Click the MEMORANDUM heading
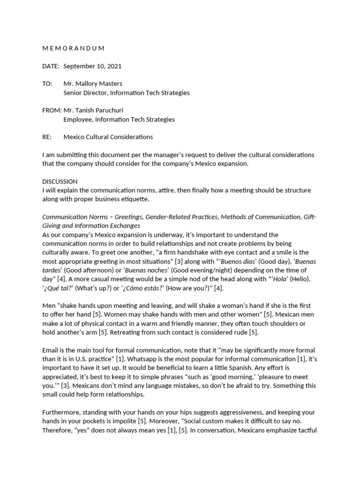(74, 48)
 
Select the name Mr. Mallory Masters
(93, 83)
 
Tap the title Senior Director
(85, 93)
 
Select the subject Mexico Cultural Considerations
(108, 137)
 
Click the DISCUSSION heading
(60, 181)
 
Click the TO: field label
(47, 83)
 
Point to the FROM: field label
(52, 110)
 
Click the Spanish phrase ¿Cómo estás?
(139, 288)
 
